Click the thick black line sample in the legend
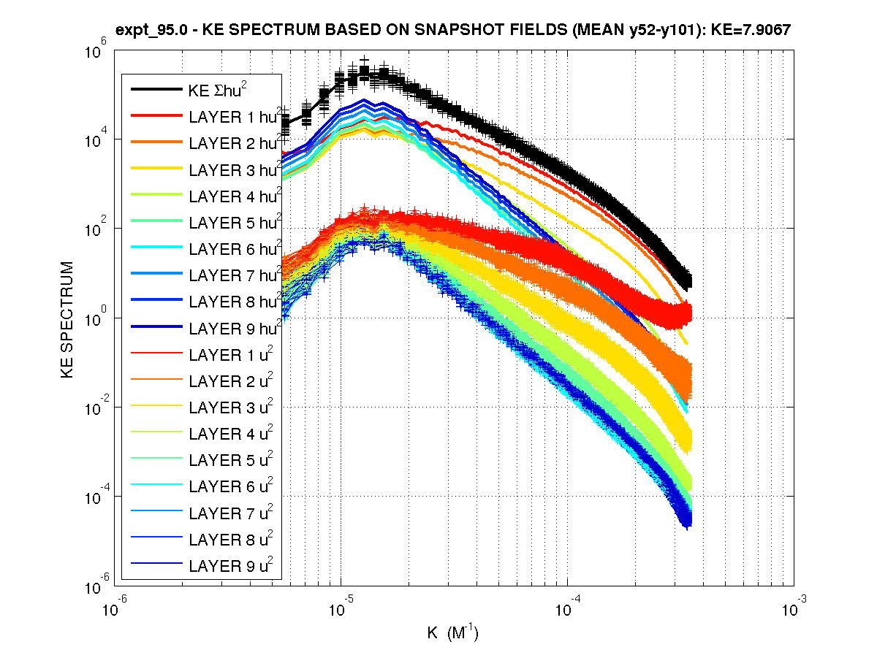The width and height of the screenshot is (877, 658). point(156,90)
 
